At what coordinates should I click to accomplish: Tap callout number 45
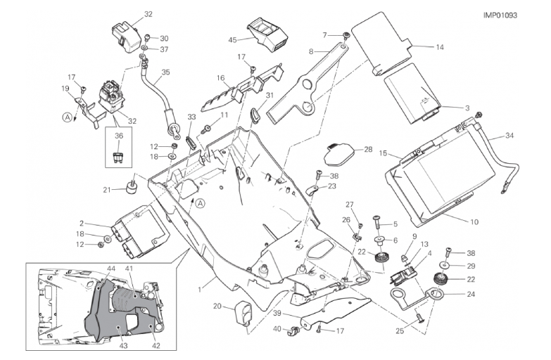click(x=233, y=40)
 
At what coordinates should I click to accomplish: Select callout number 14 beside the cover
click(x=440, y=47)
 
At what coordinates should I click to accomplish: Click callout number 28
click(x=368, y=149)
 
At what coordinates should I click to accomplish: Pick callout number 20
click(x=217, y=306)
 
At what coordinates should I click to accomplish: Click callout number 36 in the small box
click(x=119, y=136)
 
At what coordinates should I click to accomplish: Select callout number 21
click(x=107, y=189)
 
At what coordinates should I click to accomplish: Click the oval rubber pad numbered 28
click(x=341, y=151)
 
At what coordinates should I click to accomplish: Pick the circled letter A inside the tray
click(x=200, y=204)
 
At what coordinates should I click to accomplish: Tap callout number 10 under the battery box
click(x=474, y=222)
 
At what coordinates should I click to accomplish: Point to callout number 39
click(x=277, y=314)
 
